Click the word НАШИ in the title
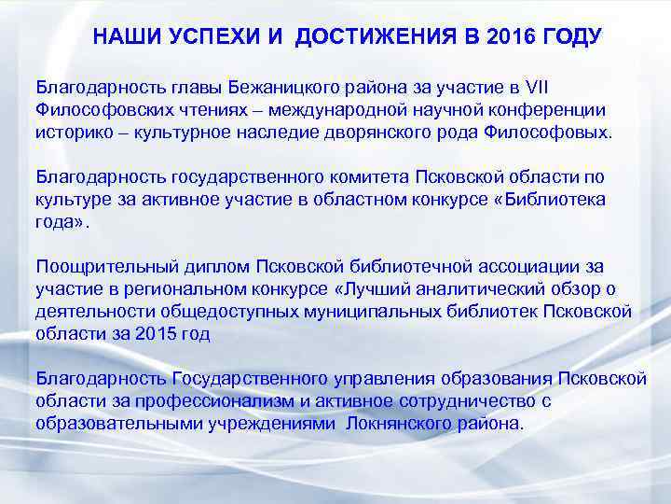pyautogui.click(x=125, y=37)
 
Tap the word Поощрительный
pyautogui.click(x=106, y=267)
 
